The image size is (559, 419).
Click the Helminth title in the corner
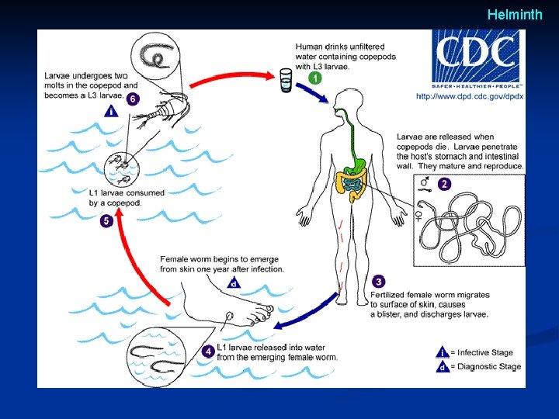515,15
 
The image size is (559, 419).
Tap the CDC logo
477,59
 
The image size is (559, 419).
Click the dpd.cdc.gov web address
470,96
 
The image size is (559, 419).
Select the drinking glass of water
286,81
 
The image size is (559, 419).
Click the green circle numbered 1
314,78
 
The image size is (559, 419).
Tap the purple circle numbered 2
444,184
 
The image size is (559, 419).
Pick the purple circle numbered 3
379,282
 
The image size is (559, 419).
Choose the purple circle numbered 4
208,351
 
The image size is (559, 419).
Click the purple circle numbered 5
106,221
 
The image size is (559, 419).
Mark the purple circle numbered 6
133,99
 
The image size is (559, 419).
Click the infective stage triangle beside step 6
111,111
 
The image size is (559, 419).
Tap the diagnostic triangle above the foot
234,282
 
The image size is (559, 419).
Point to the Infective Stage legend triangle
443,352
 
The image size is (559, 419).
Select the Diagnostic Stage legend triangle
443,366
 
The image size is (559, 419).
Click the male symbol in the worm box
425,182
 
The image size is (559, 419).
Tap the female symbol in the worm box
418,216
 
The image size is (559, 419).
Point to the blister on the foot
229,315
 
